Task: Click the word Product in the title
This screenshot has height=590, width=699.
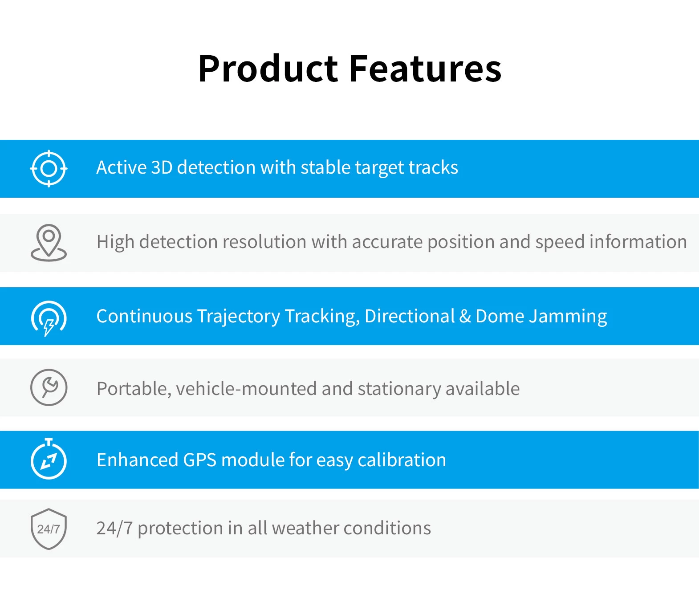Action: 268,69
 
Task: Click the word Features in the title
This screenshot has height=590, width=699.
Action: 425,69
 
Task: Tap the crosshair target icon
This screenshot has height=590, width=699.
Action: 49,168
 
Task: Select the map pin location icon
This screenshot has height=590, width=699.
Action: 49,243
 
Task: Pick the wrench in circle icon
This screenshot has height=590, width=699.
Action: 49,387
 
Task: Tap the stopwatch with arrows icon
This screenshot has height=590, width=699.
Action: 49,458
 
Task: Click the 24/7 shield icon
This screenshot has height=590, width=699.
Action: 49,529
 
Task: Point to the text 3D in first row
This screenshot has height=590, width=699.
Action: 162,167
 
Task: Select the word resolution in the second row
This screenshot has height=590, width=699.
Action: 264,242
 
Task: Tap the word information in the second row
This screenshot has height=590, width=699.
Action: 638,242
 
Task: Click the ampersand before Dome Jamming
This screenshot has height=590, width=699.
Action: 465,316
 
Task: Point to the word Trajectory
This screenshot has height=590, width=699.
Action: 239,317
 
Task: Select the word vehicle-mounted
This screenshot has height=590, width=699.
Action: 246,389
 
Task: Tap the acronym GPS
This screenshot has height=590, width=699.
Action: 200,460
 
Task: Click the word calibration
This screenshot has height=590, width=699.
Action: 402,460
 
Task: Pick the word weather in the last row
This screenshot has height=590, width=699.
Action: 305,529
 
